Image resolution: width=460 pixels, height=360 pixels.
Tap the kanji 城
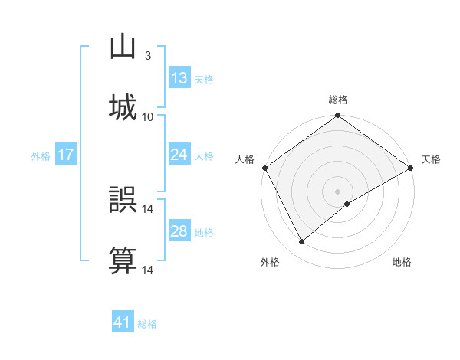pos(123,108)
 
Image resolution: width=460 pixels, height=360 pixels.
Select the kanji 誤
pos(123,200)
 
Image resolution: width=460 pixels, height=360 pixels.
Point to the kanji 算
pos(123,261)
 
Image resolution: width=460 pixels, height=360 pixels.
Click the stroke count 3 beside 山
pos(148,56)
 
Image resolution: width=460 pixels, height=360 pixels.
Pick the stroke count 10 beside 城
pos(148,117)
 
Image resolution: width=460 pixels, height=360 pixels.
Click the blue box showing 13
pos(179,78)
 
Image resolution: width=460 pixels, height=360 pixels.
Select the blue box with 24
pos(179,155)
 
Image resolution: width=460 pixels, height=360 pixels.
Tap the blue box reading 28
pos(179,231)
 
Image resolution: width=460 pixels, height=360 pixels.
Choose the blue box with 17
pos(65,155)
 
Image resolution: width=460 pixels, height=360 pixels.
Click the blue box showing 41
pos(123,322)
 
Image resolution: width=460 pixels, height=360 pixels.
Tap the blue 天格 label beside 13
pos(204,80)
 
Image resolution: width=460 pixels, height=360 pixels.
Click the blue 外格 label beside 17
pos(41,155)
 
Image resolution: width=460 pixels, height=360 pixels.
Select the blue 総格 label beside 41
pos(147,324)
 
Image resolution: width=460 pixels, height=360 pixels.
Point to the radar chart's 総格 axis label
pos(338,100)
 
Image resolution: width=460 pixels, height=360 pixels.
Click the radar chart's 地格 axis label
pos(402,263)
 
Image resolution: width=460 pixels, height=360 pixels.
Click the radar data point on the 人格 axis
pos(264,168)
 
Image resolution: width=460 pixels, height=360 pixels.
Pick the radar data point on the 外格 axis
pos(302,241)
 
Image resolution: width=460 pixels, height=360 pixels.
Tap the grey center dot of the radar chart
pos(338,191)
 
